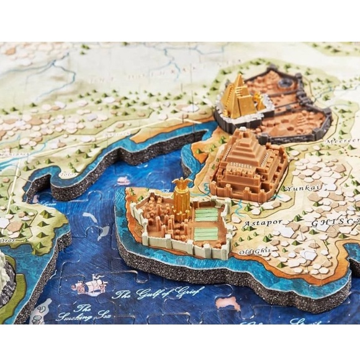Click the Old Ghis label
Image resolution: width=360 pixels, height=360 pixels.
pos(250,251)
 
